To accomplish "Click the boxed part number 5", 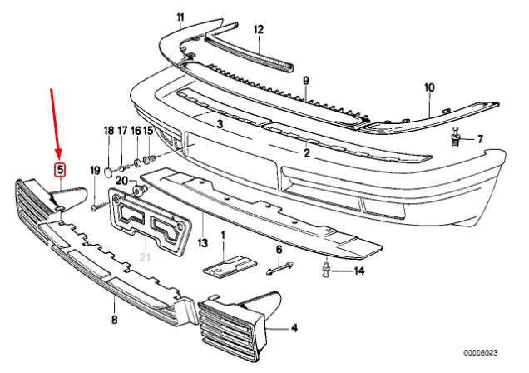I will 60,172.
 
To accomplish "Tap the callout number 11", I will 181,17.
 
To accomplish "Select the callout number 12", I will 259,29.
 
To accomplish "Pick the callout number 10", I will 429,87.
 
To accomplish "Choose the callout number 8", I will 114,319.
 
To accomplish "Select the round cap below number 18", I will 108,172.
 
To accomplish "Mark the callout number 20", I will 121,181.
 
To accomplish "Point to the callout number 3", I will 220,125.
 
